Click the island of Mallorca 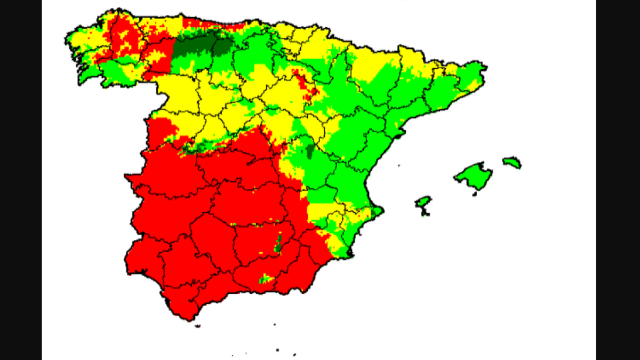point(474,175)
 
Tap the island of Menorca point(512,162)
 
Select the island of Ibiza point(423,202)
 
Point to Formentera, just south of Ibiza point(425,214)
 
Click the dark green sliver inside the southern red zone point(278,245)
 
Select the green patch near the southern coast point(265,278)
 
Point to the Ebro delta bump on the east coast point(397,137)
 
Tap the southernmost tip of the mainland point(188,319)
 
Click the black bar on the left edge point(21,180)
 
